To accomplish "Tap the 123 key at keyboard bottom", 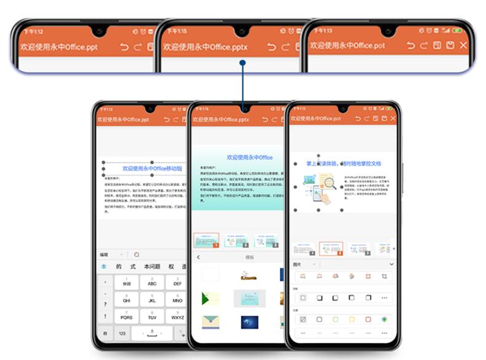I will pos(123,333).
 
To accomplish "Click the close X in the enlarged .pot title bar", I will pos(463,45).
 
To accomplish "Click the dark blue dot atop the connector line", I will pos(243,62).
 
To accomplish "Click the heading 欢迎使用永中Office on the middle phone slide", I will pos(249,158).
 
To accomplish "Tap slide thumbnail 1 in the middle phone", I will pos(206,240).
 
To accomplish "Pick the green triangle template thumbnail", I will pos(210,299).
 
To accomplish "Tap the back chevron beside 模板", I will pos(198,258).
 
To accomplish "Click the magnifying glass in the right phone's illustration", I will pos(330,182).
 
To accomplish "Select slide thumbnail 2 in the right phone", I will pos(331,248).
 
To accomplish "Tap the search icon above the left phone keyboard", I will pos(136,255).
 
